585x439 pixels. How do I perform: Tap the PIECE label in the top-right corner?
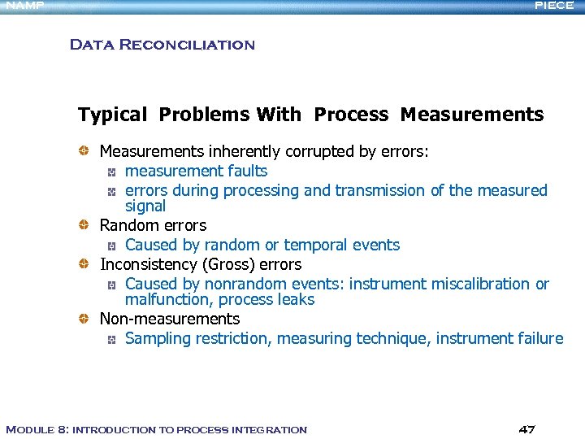(x=555, y=5)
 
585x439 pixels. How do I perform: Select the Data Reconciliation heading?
(x=162, y=45)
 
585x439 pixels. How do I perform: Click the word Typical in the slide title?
(x=112, y=115)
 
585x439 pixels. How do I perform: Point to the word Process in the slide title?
(x=351, y=115)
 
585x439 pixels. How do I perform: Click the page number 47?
(x=526, y=429)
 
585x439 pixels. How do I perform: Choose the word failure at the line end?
(x=539, y=339)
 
